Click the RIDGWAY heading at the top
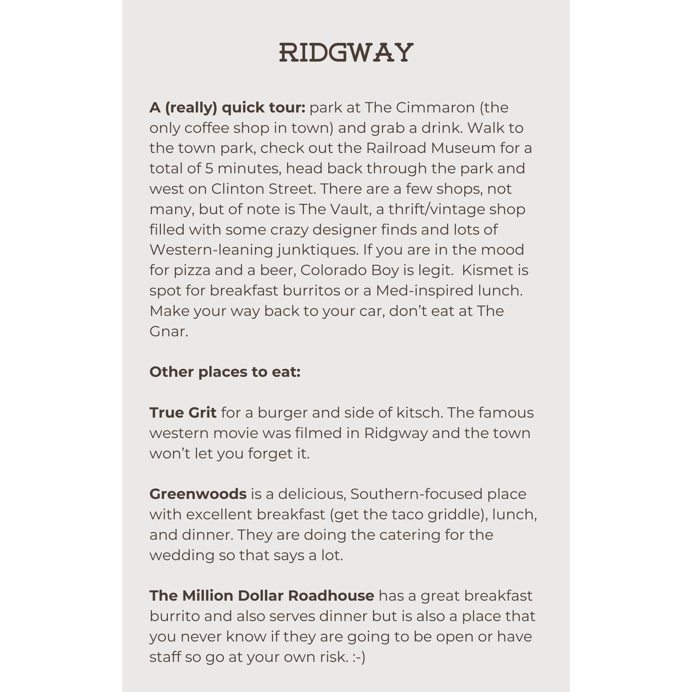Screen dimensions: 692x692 pos(346,53)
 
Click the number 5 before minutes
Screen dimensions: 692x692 pos(209,169)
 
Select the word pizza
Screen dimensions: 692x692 pos(192,270)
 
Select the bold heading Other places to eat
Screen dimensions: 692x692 pos(225,372)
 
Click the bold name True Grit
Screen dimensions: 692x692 pos(183,413)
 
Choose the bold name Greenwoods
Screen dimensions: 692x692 pos(198,494)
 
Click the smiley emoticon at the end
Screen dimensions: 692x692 pos(358,657)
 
